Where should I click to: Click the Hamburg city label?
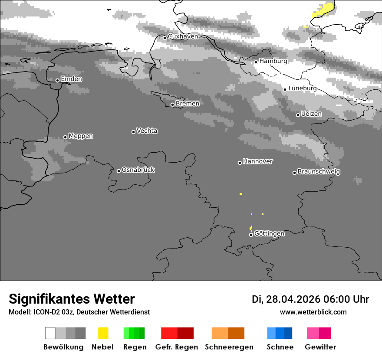pyautogui.click(x=273, y=61)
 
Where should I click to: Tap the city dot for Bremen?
pyautogui.click(x=172, y=105)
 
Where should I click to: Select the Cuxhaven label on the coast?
pyautogui.click(x=183, y=36)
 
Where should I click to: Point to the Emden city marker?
pyautogui.click(x=57, y=80)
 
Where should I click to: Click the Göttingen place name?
pyautogui.click(x=269, y=234)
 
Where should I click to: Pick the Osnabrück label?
pyautogui.click(x=138, y=170)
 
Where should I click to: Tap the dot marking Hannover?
pyautogui.click(x=240, y=163)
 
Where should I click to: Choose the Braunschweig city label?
pyautogui.click(x=319, y=172)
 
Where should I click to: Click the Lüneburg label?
pyautogui.click(x=302, y=88)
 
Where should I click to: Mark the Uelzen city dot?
pyautogui.click(x=298, y=115)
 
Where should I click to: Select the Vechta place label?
pyautogui.click(x=147, y=131)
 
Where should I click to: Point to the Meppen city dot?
pyautogui.click(x=65, y=137)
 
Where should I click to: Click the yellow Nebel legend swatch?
pyautogui.click(x=103, y=333)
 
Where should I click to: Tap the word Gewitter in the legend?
pyautogui.click(x=320, y=347)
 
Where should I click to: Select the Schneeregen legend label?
pyautogui.click(x=229, y=347)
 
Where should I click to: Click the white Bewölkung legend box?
pyautogui.click(x=50, y=333)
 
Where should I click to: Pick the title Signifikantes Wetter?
pyautogui.click(x=72, y=299)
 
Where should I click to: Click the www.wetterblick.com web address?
pyautogui.click(x=313, y=312)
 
